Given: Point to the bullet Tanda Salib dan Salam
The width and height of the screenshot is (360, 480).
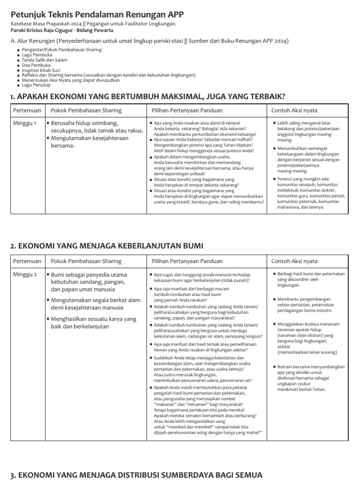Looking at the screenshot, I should [x=45, y=60].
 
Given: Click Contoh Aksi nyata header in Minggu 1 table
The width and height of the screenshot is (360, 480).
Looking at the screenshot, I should [x=294, y=111].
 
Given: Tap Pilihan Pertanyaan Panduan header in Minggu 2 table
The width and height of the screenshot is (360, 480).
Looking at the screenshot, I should [x=187, y=261].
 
